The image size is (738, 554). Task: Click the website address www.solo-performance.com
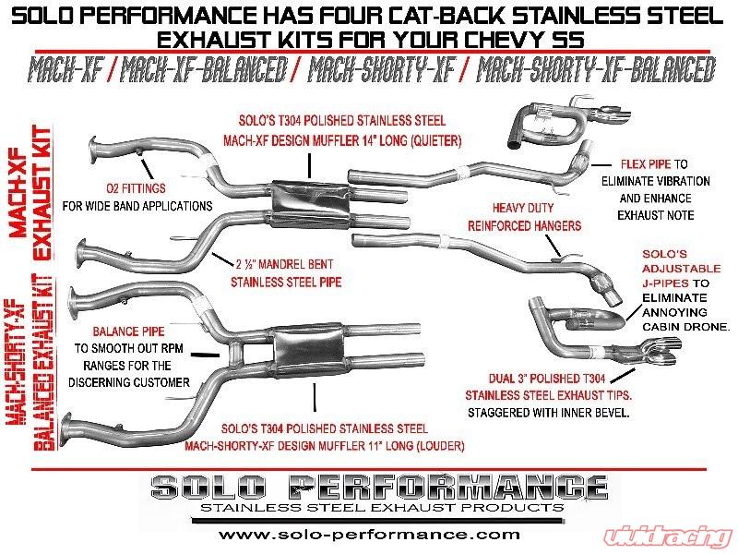coord(369,534)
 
